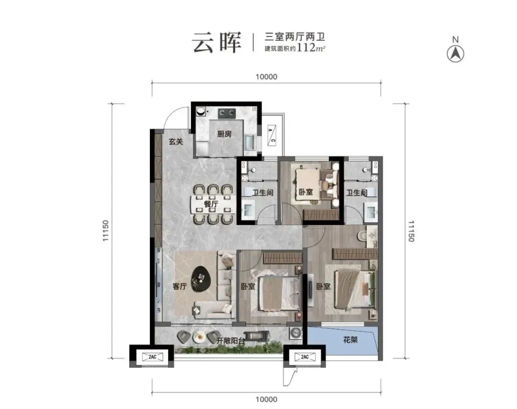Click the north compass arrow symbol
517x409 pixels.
pos(455,54)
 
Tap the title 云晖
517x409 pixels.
pos(216,43)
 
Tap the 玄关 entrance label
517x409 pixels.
pos(176,142)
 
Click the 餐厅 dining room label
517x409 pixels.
pos(211,204)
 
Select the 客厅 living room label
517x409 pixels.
pos(179,287)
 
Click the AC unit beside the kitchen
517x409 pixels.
pos(271,136)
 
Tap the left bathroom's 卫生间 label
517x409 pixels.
pos(262,193)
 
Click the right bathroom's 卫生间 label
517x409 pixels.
pos(357,193)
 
